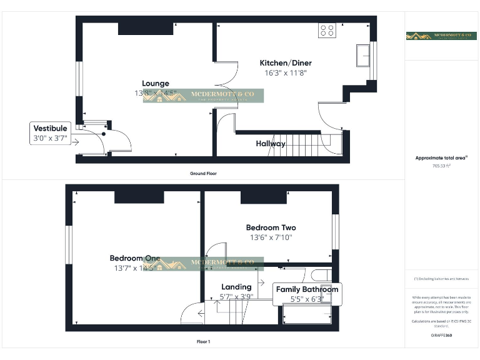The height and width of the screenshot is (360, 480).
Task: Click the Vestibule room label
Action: click(50, 129)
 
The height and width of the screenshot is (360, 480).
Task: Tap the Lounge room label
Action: click(155, 83)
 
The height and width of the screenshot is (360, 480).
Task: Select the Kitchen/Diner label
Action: click(286, 63)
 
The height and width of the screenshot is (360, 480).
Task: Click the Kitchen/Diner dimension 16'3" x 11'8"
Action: click(286, 73)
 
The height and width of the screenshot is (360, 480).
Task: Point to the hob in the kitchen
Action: click(327, 31)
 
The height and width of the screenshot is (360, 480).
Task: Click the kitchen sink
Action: click(362, 55)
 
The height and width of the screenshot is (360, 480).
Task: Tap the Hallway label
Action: click(271, 144)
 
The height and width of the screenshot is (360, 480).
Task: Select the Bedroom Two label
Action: click(271, 227)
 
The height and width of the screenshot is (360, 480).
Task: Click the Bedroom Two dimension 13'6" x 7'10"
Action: click(271, 237)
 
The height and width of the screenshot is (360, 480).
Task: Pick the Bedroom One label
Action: click(134, 258)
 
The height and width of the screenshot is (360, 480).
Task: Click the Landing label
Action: click(236, 287)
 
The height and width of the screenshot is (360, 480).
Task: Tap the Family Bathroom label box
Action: click(307, 289)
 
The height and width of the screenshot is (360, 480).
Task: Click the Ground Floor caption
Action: click(203, 173)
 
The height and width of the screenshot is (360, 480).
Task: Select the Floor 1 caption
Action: click(203, 342)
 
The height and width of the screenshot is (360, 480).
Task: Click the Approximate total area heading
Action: click(442, 158)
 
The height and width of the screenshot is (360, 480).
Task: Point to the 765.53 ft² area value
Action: click(442, 166)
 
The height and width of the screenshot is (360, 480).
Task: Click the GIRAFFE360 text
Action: click(442, 336)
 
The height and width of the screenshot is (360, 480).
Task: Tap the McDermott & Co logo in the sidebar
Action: click(442, 36)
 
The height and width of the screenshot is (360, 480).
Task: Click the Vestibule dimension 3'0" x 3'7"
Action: click(50, 139)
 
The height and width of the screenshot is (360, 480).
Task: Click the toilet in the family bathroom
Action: click(321, 276)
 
